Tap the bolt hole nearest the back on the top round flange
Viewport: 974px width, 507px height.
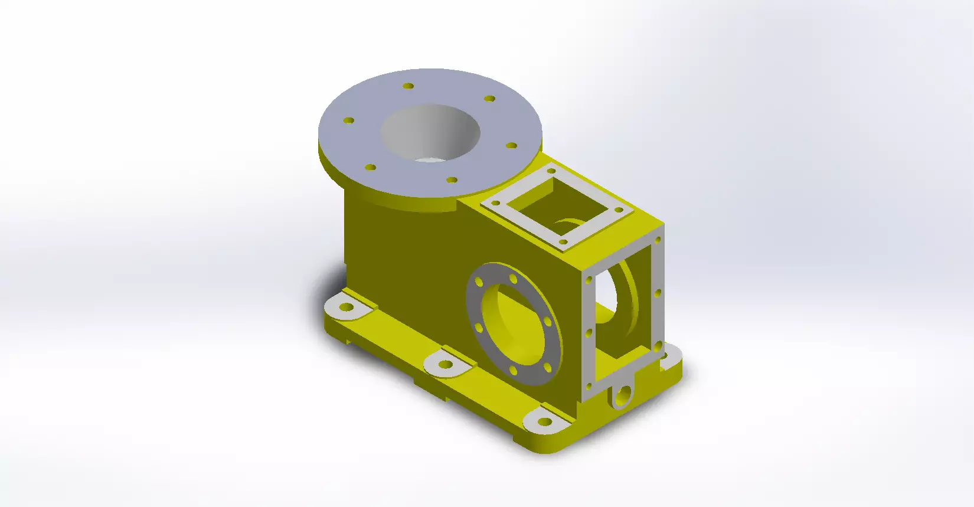[408, 86]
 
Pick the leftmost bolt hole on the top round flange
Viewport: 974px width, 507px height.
[348, 120]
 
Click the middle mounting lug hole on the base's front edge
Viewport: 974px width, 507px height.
[447, 365]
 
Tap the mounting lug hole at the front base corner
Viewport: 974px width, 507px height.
[545, 423]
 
